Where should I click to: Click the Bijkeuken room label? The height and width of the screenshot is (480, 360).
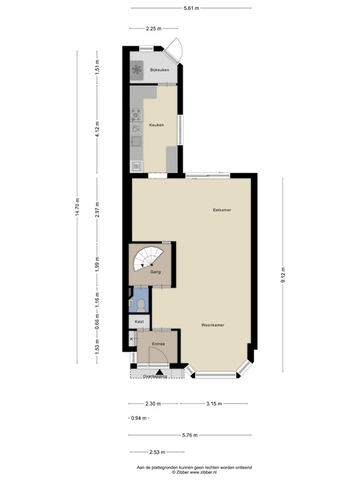click(159, 70)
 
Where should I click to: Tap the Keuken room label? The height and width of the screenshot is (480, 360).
click(156, 125)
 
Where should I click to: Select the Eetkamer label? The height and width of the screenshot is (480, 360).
click(221, 210)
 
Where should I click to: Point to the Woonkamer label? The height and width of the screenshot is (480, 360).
click(213, 325)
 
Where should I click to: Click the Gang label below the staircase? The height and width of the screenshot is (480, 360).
click(156, 272)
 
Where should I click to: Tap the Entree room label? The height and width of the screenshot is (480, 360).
click(157, 344)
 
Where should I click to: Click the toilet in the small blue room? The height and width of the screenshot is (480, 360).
click(142, 305)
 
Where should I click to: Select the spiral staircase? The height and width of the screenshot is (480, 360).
click(150, 257)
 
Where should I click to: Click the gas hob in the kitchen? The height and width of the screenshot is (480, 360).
click(136, 115)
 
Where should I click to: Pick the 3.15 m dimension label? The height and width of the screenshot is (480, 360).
click(214, 403)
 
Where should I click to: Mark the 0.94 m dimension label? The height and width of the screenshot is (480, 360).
click(138, 418)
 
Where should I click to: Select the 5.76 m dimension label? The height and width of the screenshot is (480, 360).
click(190, 435)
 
